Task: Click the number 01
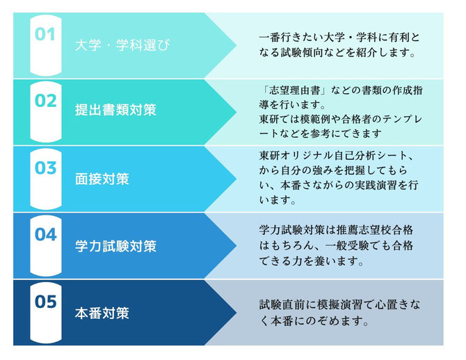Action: click(x=45, y=34)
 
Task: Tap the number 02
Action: click(x=45, y=101)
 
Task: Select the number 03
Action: click(x=45, y=167)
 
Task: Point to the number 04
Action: click(x=45, y=235)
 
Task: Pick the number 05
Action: click(x=45, y=302)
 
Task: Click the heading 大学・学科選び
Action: click(x=122, y=45)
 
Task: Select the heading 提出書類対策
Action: click(x=115, y=110)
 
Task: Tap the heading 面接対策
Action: click(x=102, y=179)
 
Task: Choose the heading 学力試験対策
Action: click(x=115, y=246)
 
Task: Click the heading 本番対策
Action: click(x=102, y=313)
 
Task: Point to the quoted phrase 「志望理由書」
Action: click(x=293, y=90)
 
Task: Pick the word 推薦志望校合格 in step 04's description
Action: click(x=375, y=230)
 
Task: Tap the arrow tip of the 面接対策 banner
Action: click(x=236, y=179)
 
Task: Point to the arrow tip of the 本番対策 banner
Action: click(x=236, y=313)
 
